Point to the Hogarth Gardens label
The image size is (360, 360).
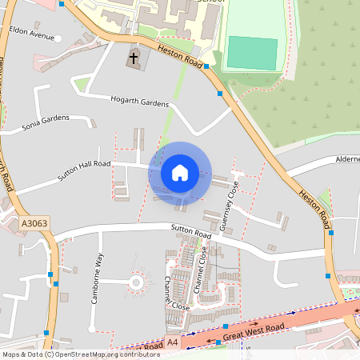tap(140, 103)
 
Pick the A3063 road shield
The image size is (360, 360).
tap(34, 225)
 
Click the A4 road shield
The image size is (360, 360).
tap(173, 342)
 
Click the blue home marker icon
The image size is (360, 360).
tap(180, 172)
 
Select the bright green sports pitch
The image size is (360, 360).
tap(251, 52)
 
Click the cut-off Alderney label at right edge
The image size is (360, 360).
tap(347, 159)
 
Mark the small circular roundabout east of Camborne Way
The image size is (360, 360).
tap(135, 282)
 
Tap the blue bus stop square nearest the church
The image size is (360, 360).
tap(206, 66)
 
